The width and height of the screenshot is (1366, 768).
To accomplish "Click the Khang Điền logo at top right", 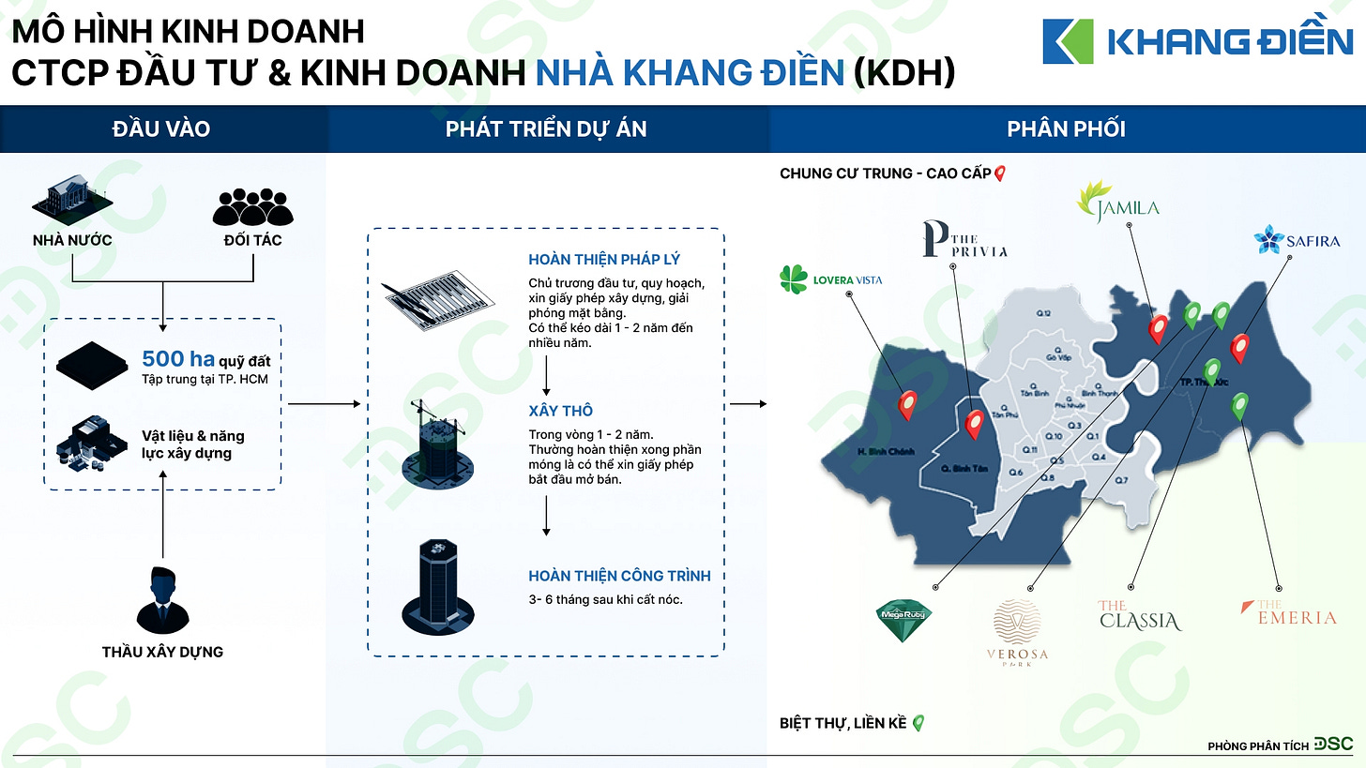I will click(1197, 42).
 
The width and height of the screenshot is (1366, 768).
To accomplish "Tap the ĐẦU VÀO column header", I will click(160, 129).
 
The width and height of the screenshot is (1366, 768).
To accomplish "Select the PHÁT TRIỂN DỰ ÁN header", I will click(546, 129).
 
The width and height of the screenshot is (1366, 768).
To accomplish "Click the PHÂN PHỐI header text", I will click(1066, 129).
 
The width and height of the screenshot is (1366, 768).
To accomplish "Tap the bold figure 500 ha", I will click(177, 359).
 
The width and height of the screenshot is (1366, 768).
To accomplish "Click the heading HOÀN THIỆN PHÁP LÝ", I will click(604, 260).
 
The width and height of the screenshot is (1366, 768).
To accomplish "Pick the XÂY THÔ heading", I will click(560, 412).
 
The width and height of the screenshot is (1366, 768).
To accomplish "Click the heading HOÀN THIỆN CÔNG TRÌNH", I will click(619, 576).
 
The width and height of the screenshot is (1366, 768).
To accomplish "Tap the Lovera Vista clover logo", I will click(795, 279).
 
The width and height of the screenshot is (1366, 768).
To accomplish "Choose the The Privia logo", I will click(964, 239).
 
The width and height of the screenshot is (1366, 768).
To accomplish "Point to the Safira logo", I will click(1297, 240).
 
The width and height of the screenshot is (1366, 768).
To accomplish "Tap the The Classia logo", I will click(1139, 616).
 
